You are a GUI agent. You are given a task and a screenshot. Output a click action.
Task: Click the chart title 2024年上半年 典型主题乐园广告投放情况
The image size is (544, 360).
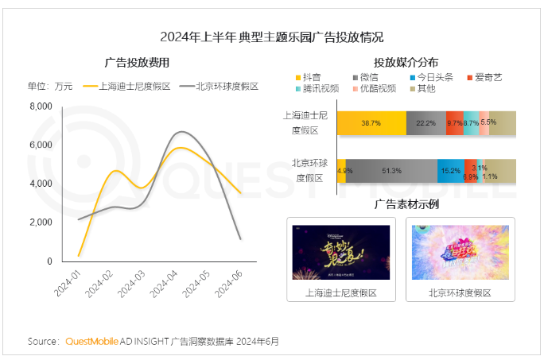tap(272, 37)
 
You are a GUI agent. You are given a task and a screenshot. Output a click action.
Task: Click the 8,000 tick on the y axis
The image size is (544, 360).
tap(41, 106)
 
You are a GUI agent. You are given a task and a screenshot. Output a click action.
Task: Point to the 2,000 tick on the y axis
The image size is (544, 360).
tap(41, 223)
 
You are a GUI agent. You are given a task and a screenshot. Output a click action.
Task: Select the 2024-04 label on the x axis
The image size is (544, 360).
tap(170, 283)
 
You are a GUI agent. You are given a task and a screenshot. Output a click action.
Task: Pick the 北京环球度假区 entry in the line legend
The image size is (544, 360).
tap(220, 86)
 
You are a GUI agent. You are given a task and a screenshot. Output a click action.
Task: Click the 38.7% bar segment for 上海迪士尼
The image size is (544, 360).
tap(371, 123)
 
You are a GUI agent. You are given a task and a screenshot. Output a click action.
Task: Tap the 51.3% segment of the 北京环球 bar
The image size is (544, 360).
tap(391, 171)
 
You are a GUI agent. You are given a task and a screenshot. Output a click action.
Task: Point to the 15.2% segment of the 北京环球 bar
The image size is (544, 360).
tap(450, 171)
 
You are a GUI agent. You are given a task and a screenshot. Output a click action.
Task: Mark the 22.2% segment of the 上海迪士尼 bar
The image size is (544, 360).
tap(425, 123)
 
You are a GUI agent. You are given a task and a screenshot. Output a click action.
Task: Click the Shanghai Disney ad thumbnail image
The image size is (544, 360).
tap(340, 253)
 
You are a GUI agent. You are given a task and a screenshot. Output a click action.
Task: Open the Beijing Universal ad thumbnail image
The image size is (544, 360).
tap(460, 253)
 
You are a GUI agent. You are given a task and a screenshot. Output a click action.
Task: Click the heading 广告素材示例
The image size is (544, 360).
tap(406, 205)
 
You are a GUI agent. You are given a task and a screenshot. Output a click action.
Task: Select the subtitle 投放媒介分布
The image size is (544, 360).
tap(406, 62)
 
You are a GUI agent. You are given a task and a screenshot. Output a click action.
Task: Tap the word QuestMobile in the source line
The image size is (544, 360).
tap(90, 342)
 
